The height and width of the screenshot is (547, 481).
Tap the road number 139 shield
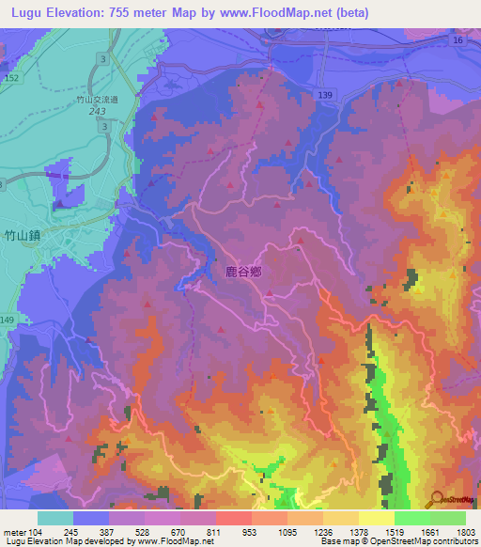[x=324, y=96]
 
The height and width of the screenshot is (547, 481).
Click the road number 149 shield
[x=8, y=320]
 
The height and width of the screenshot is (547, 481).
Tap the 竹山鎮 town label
[x=22, y=236]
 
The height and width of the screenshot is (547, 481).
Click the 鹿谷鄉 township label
[x=242, y=272]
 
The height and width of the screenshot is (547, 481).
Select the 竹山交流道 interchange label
[x=98, y=98]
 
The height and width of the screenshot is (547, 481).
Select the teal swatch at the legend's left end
[x=54, y=518]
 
